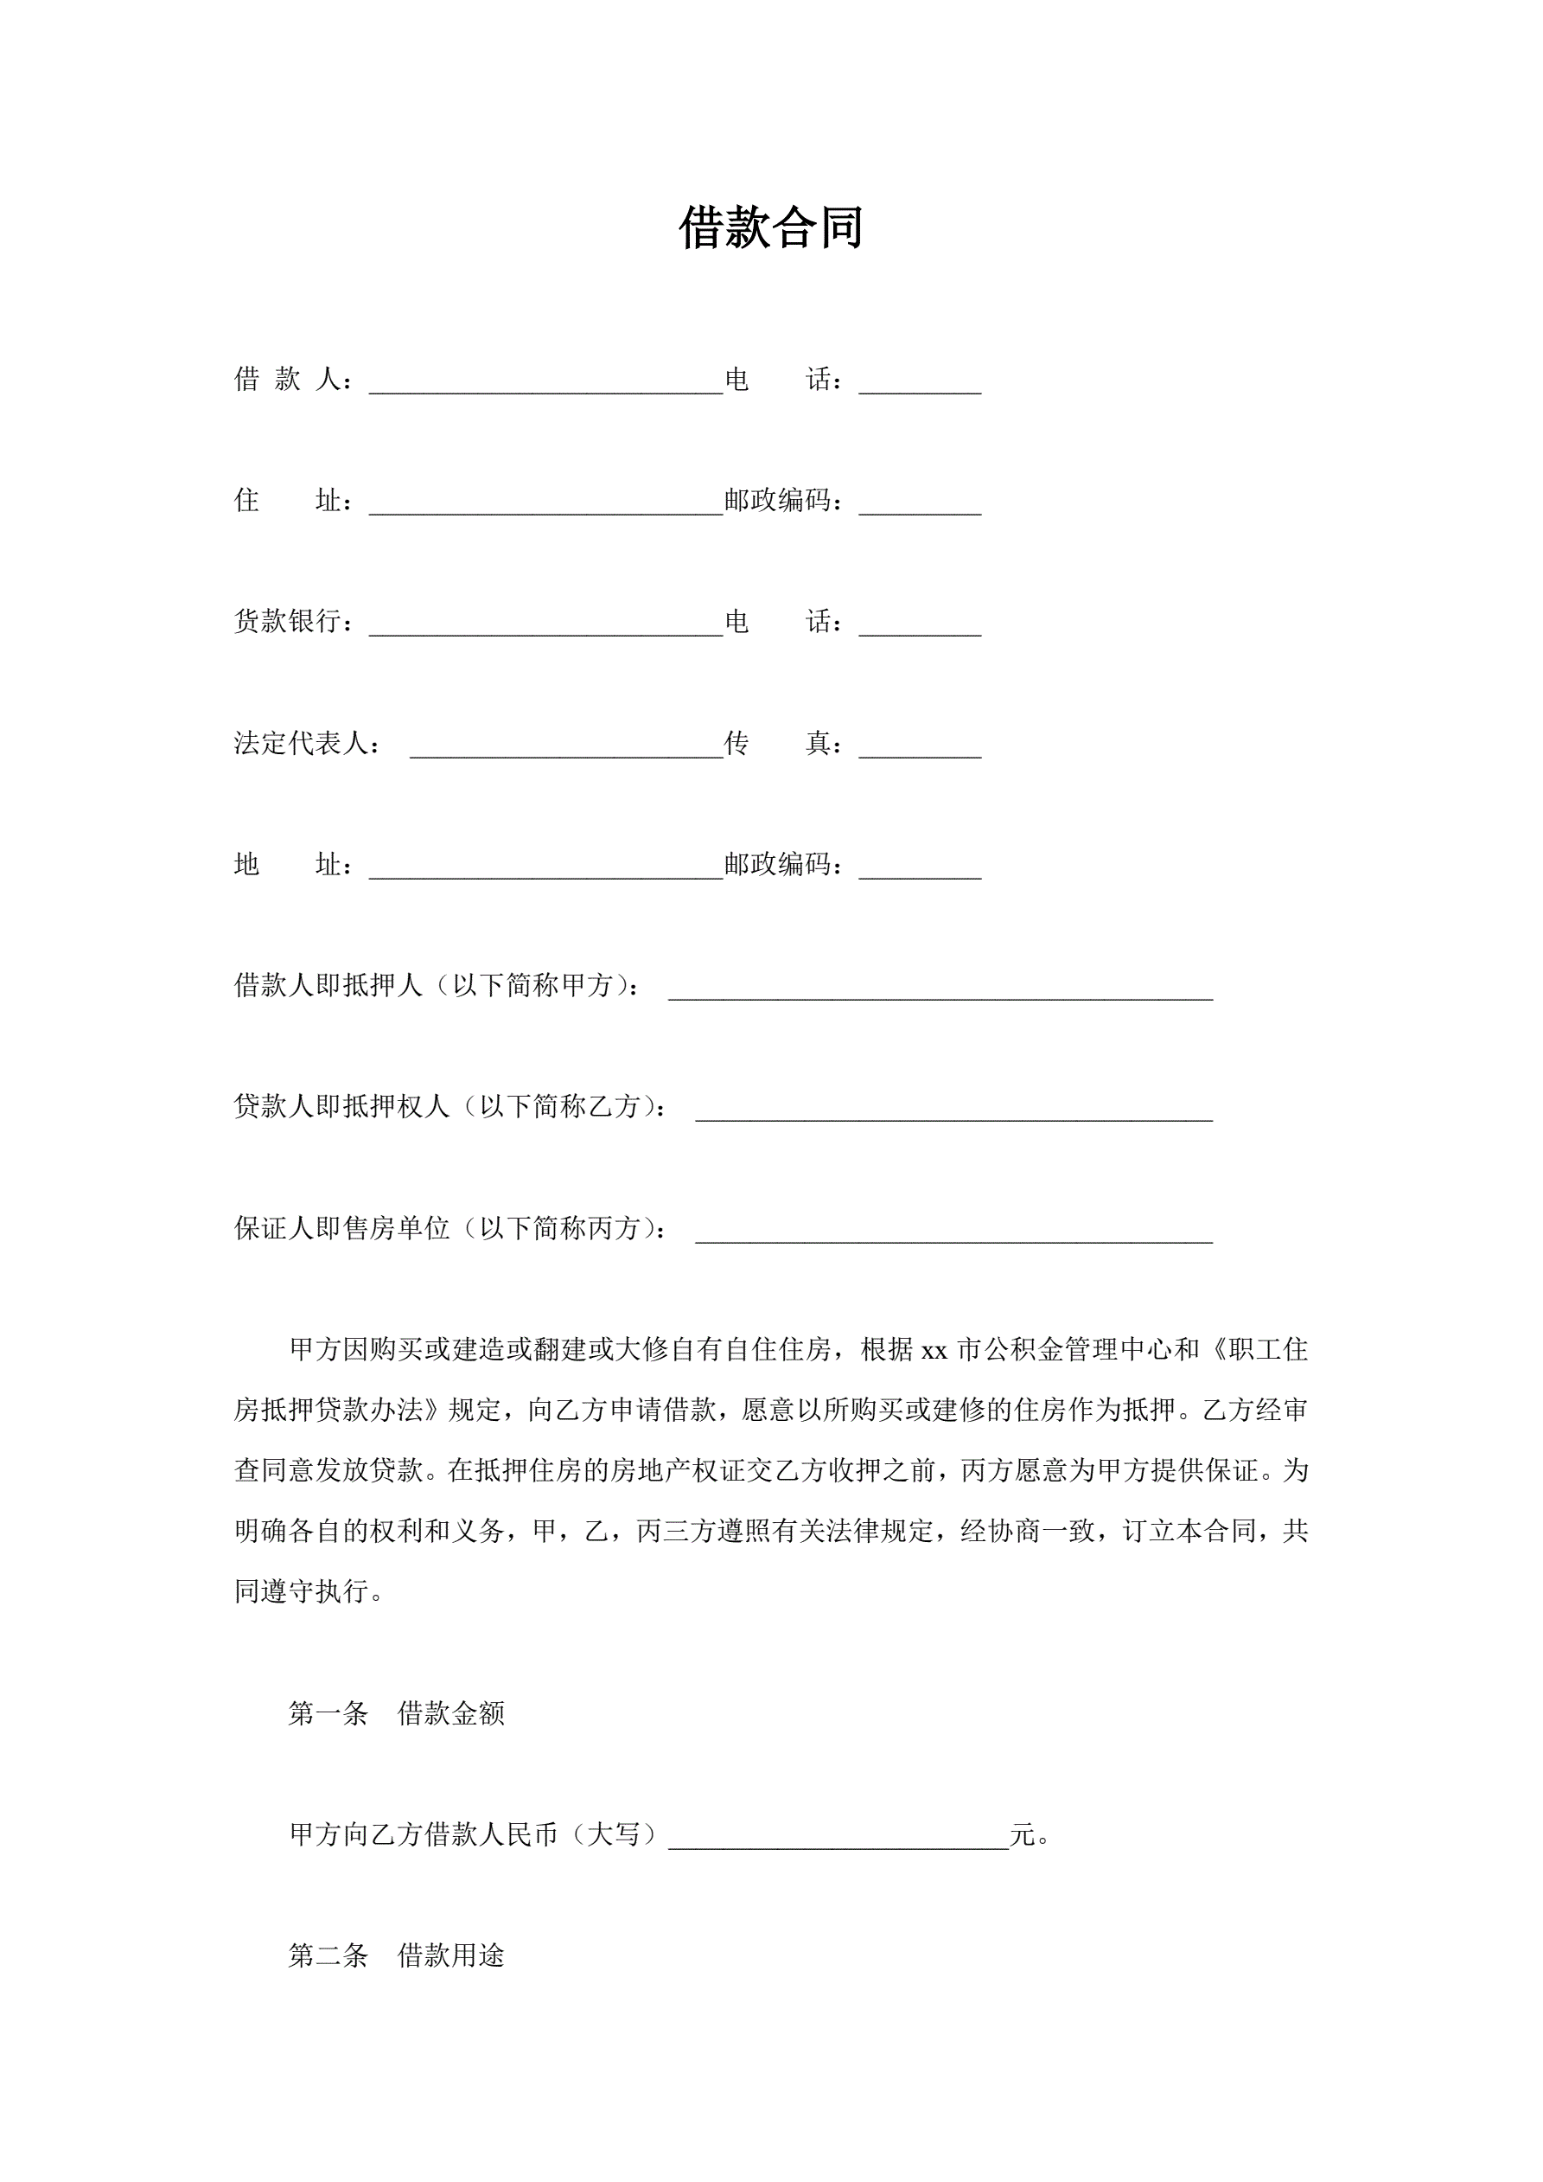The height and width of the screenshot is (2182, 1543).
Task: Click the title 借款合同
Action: pos(770,229)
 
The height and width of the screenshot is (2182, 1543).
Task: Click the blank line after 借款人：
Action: pos(546,383)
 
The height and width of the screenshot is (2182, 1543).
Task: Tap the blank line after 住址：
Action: pos(546,503)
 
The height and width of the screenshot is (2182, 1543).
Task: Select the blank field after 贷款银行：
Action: pos(546,625)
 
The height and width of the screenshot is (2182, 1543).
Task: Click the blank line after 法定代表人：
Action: pos(566,747)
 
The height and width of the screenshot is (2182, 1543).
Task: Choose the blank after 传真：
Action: pos(920,747)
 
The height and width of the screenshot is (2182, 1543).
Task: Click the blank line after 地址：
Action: pos(546,867)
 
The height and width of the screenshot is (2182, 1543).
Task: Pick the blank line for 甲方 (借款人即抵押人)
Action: pos(940,989)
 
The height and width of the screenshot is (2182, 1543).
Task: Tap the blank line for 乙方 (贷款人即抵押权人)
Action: pos(954,1110)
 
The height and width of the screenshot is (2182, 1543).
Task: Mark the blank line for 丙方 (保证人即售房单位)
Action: pos(954,1232)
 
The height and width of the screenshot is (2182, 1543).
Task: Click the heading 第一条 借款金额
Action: pos(396,1713)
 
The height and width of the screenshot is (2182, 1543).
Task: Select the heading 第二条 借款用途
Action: pos(396,1955)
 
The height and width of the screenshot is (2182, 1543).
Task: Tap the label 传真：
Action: pos(784,743)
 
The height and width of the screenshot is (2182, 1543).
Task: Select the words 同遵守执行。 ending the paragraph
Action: pos(309,1592)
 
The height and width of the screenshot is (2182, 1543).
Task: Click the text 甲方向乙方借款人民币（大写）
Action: pos(473,1834)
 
